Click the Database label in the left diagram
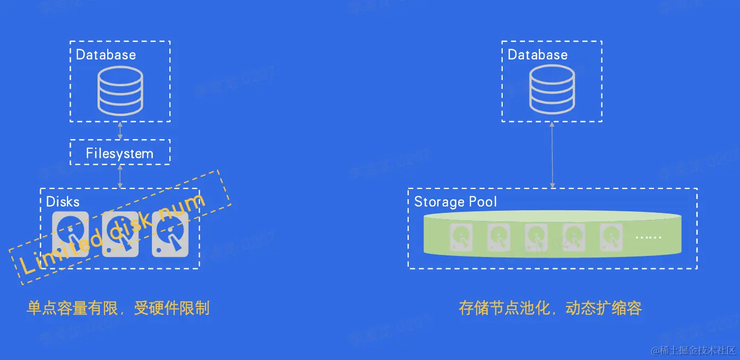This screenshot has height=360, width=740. click(106, 55)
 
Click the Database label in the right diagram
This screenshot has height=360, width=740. click(537, 55)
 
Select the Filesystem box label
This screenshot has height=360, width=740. click(119, 154)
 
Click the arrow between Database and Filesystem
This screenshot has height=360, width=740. click(120, 131)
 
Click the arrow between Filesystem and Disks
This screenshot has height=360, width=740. click(120, 176)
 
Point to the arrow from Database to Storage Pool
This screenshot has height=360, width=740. click(552, 155)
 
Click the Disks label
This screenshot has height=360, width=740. click(63, 202)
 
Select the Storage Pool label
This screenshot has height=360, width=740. click(455, 202)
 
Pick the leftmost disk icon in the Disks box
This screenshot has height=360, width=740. click(71, 235)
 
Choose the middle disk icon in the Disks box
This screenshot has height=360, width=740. click(120, 235)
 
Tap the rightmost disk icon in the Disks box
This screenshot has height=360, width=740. click(170, 235)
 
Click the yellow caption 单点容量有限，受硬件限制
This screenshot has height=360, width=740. click(118, 308)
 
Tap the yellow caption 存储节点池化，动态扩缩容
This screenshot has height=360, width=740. click(550, 308)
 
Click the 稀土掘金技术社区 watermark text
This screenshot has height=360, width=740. click(697, 350)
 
